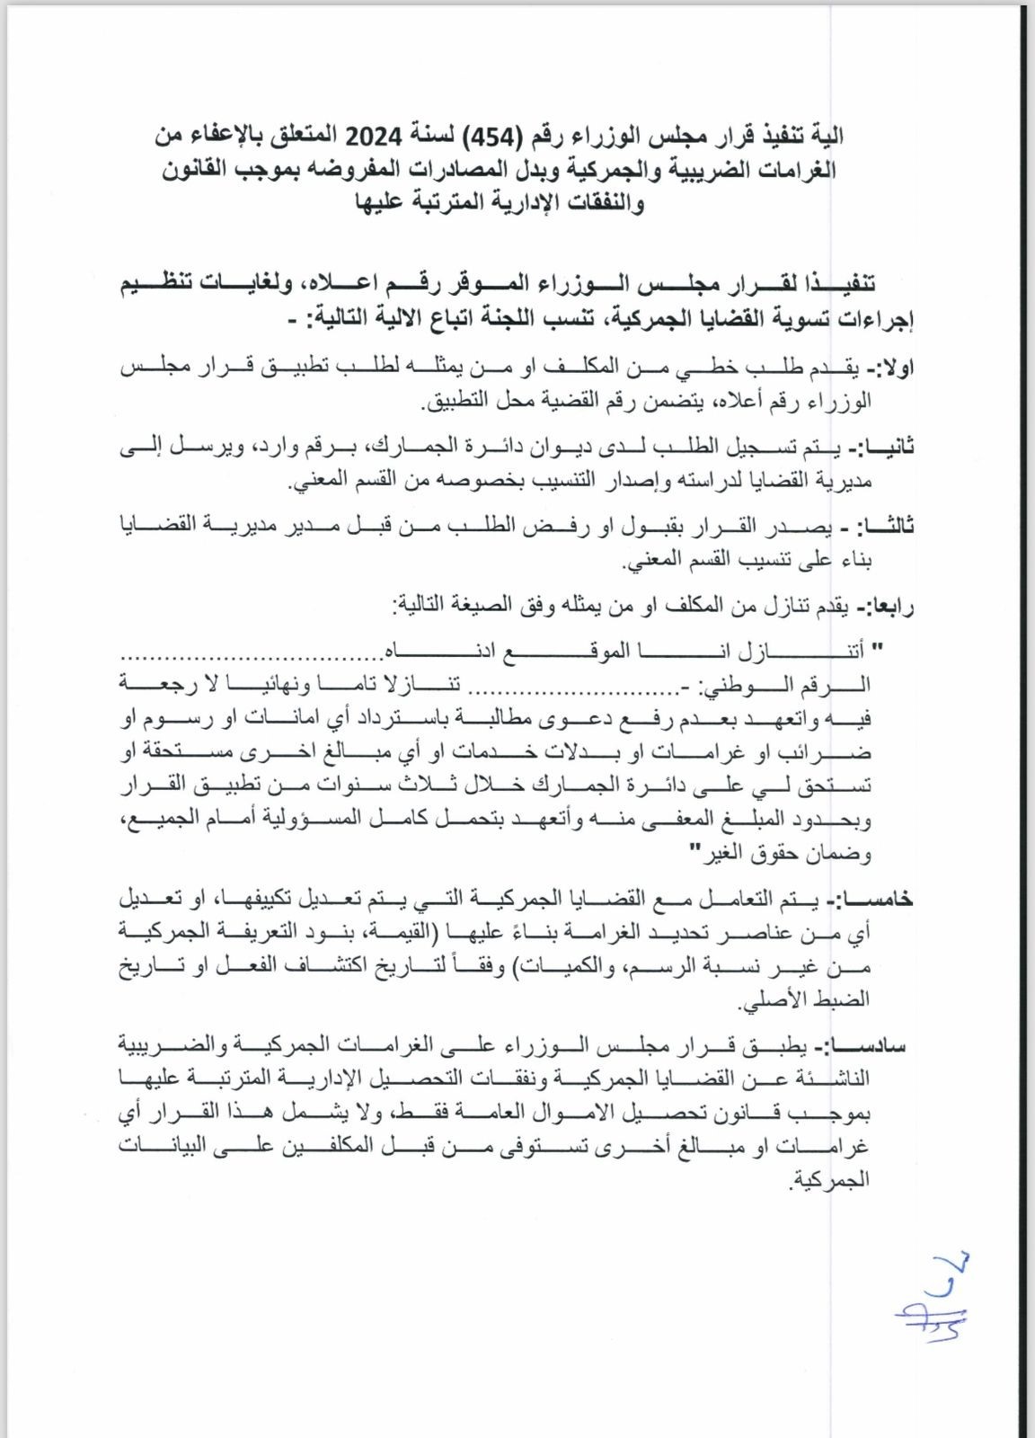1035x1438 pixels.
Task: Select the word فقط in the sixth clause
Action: point(424,1114)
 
